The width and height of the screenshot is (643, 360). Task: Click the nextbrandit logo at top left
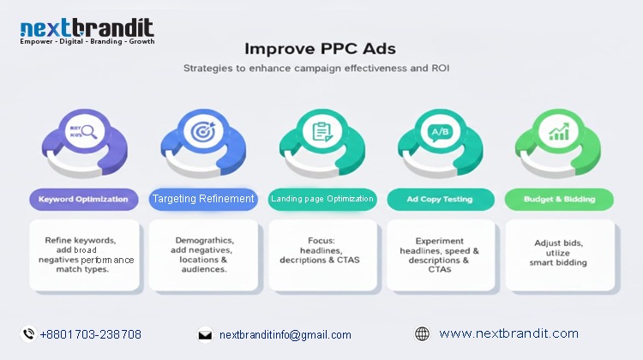click(87, 33)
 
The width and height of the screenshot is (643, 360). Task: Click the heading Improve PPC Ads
click(321, 49)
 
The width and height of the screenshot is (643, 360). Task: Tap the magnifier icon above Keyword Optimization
click(84, 132)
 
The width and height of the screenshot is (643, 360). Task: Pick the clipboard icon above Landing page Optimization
click(322, 132)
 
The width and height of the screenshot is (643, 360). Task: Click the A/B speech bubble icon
click(441, 132)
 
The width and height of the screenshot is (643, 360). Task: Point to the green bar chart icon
click(559, 132)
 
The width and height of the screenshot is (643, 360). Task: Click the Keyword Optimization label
click(83, 199)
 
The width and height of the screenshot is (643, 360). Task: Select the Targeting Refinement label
click(203, 199)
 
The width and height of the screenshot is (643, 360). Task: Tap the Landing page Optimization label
click(322, 199)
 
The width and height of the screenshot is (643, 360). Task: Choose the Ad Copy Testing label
click(441, 199)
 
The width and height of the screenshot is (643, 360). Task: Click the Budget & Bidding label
click(559, 199)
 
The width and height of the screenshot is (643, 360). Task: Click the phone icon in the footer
click(28, 334)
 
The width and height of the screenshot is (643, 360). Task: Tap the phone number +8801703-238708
click(91, 334)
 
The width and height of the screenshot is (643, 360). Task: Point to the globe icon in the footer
click(422, 334)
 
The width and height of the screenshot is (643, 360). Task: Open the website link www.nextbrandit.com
click(508, 333)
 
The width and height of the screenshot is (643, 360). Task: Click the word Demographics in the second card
click(204, 241)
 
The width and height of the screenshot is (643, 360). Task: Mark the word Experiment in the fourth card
click(441, 241)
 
